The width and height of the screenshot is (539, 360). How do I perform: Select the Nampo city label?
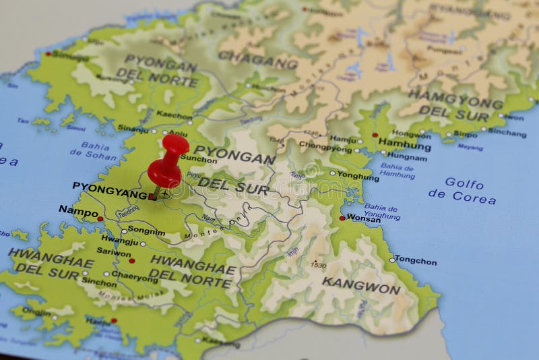(78, 210)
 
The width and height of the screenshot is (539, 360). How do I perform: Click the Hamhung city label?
(405, 144)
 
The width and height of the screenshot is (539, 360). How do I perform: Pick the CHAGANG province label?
(258, 61)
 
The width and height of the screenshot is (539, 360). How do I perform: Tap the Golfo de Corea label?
(463, 191)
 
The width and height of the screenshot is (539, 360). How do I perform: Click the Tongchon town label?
(416, 261)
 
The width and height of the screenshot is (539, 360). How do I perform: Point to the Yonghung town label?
(358, 176)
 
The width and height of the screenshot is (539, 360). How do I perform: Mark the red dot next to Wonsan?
(342, 218)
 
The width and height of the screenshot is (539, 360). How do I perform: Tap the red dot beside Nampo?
(100, 218)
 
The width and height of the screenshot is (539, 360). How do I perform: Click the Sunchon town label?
(198, 160)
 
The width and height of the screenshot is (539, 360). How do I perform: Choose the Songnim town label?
(146, 229)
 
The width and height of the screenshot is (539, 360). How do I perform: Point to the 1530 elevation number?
(319, 266)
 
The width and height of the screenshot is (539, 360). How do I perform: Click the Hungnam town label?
(407, 157)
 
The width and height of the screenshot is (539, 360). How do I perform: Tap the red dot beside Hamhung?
(375, 135)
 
